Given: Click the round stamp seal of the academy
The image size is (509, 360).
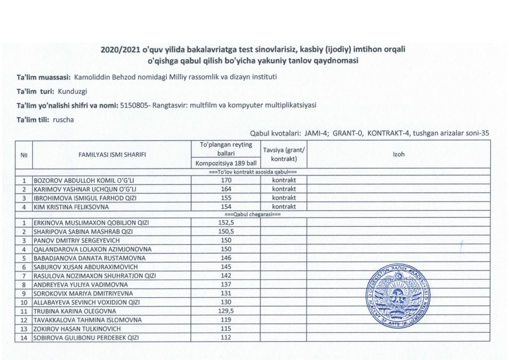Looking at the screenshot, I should (x=397, y=297).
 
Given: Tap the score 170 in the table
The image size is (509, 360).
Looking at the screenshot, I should (x=226, y=180).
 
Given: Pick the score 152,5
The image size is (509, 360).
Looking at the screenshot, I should (x=226, y=222).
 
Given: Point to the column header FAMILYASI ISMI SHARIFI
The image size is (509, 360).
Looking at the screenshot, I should (x=112, y=154).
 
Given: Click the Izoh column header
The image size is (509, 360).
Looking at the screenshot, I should (x=399, y=154).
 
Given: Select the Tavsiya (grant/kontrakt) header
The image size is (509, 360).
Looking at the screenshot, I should (x=284, y=154).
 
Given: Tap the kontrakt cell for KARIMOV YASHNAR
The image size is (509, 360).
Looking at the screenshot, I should (x=284, y=189).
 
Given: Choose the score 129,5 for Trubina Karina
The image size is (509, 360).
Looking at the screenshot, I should (x=226, y=311).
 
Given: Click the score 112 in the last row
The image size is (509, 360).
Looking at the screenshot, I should (x=226, y=338).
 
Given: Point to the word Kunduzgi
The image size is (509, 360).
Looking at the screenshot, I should (x=73, y=91).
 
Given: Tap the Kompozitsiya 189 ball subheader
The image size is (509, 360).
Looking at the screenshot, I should (x=226, y=163).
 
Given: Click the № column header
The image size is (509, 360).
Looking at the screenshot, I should (x=23, y=154).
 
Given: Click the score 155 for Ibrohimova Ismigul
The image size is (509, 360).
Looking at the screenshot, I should (x=226, y=198).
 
